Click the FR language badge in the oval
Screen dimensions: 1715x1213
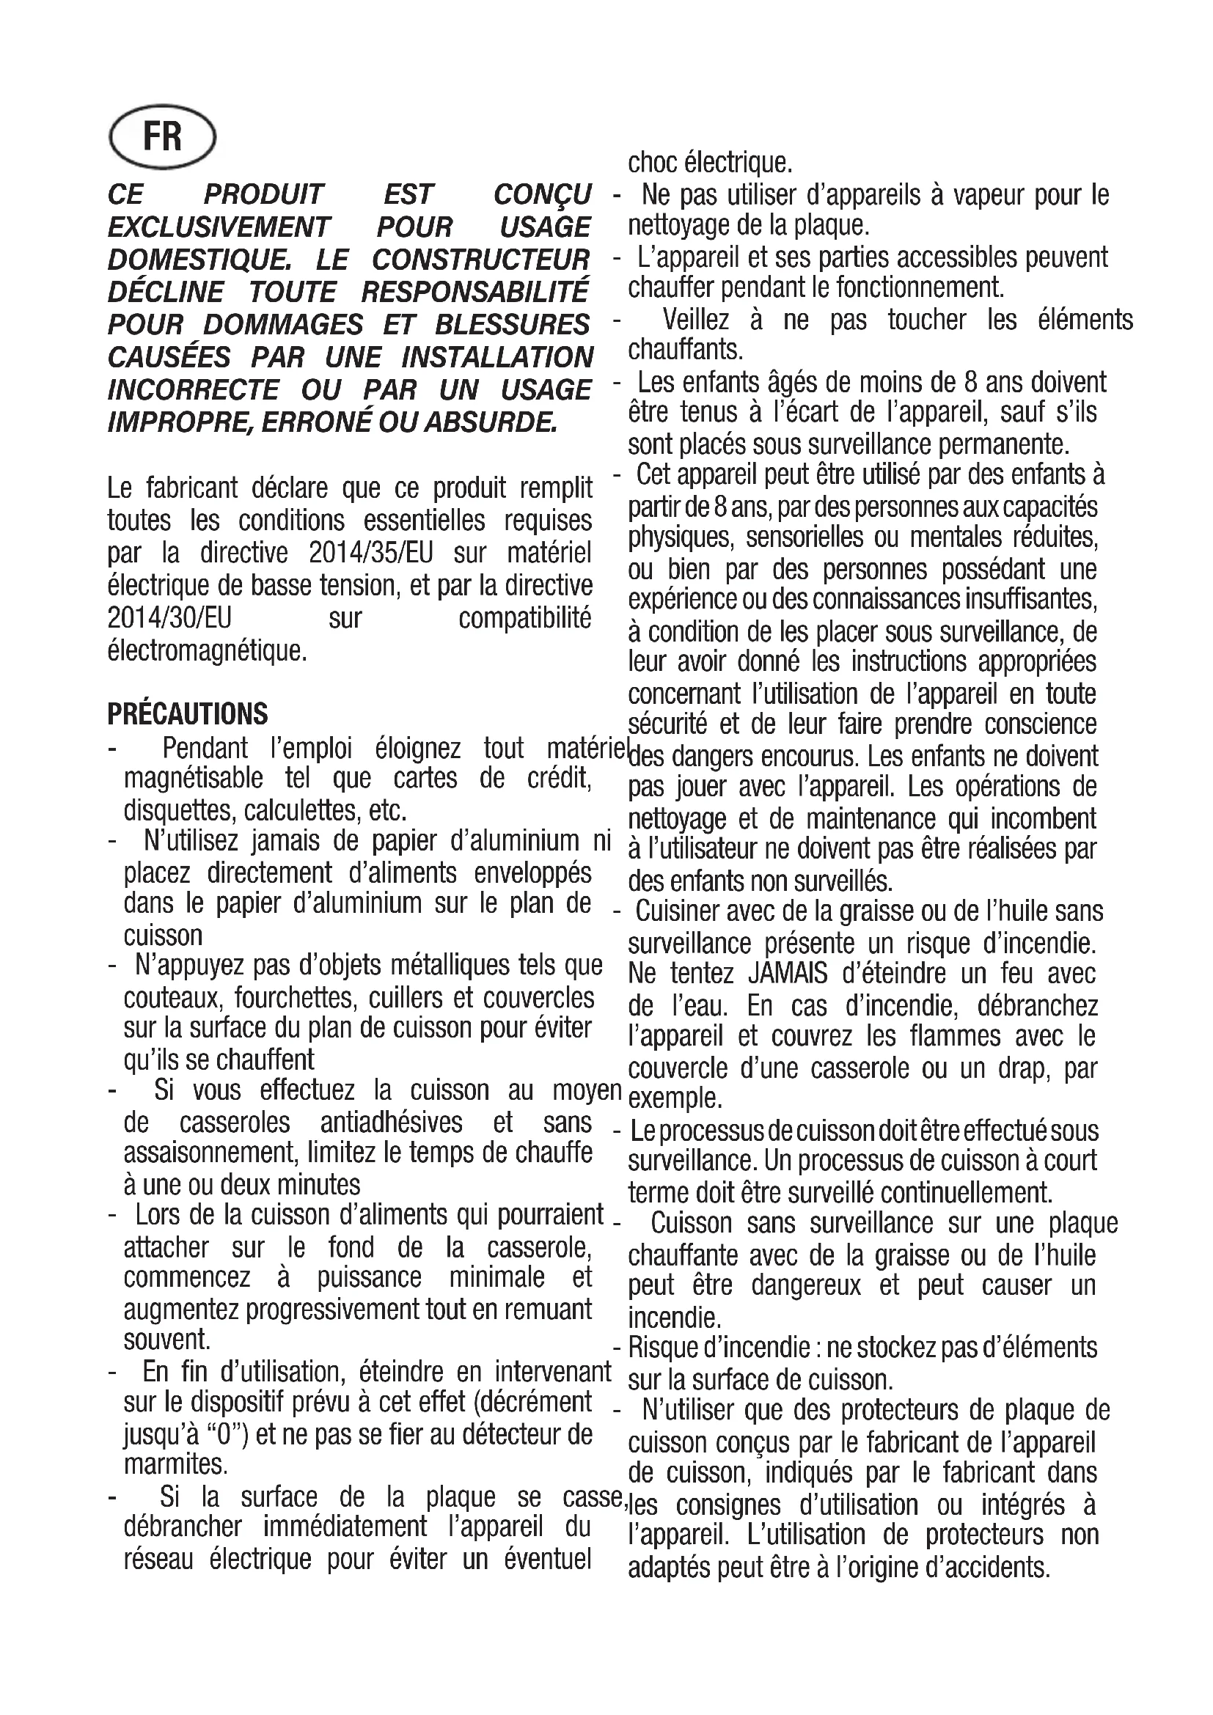coord(162,138)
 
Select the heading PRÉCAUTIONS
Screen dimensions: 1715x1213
coord(188,714)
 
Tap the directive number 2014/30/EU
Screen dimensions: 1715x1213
coord(169,617)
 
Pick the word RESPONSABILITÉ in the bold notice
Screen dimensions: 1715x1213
coord(475,292)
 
